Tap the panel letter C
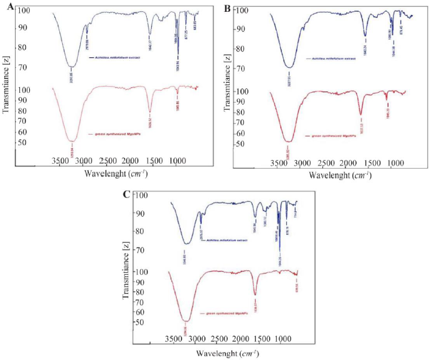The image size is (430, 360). coord(126,194)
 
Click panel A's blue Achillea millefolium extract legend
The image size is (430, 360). coord(119,58)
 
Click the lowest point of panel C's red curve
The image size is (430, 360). coord(186,321)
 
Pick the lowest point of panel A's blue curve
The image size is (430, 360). coord(72,67)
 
